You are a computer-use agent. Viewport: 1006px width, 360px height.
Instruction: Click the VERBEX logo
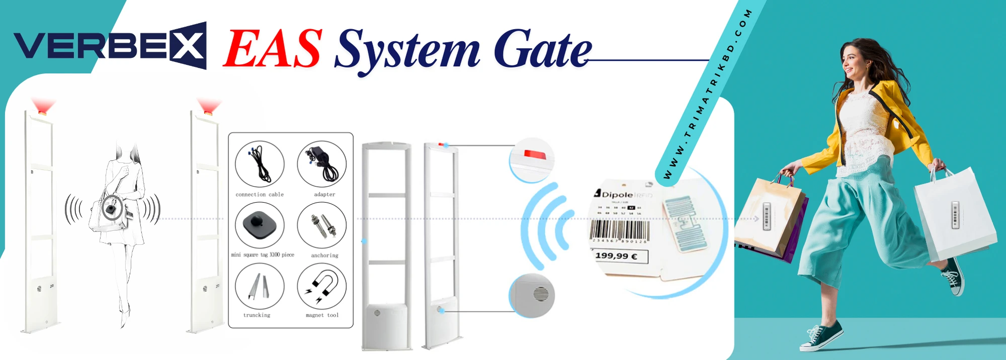110,46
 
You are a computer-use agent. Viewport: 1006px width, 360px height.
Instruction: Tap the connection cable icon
260,164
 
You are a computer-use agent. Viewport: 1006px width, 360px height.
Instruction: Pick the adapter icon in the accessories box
322,164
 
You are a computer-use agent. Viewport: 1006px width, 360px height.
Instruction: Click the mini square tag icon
260,225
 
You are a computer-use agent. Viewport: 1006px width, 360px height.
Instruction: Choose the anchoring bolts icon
322,226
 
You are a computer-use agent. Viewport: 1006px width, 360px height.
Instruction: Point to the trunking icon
260,287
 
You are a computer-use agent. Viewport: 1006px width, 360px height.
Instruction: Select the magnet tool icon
322,287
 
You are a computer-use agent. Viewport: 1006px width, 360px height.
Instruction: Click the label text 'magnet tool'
322,315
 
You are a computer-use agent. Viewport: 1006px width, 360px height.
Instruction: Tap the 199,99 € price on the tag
617,256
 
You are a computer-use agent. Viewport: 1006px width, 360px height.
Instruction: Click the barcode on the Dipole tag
619,230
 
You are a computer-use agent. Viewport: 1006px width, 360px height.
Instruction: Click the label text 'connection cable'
260,195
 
